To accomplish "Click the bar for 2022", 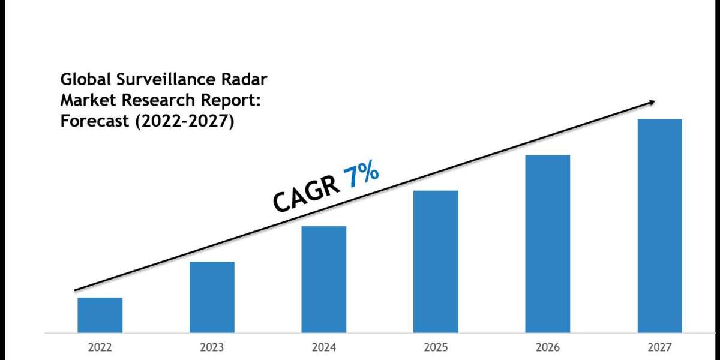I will (100, 315).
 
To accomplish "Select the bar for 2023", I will (212, 297).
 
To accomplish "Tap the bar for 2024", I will (324, 279).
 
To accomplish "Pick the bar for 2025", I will (436, 262).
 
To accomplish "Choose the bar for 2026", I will (548, 244).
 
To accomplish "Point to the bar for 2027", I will (659, 226).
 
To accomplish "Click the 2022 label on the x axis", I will (100, 347).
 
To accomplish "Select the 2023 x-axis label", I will (212, 347).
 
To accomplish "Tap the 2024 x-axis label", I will (324, 347).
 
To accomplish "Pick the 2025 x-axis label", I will (436, 347).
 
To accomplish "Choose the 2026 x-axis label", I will (548, 347).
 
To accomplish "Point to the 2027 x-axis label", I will (659, 347).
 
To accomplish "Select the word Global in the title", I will (83, 80).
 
